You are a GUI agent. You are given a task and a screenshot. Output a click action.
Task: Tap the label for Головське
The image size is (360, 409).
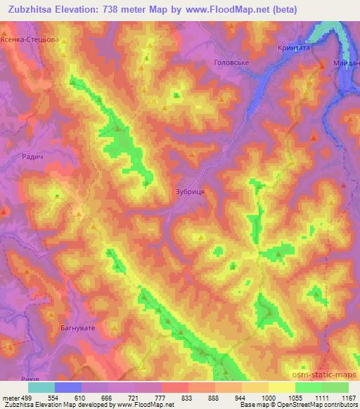(232, 63)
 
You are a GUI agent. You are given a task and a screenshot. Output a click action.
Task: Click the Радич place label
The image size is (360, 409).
(34, 158)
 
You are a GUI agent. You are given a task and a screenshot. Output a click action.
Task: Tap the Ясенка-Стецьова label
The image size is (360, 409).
(30, 41)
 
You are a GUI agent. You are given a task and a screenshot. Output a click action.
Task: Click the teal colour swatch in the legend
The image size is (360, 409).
(41, 387)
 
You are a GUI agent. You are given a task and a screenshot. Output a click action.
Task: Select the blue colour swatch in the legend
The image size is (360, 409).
(68, 387)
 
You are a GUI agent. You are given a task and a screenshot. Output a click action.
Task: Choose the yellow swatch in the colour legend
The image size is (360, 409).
(282, 387)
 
